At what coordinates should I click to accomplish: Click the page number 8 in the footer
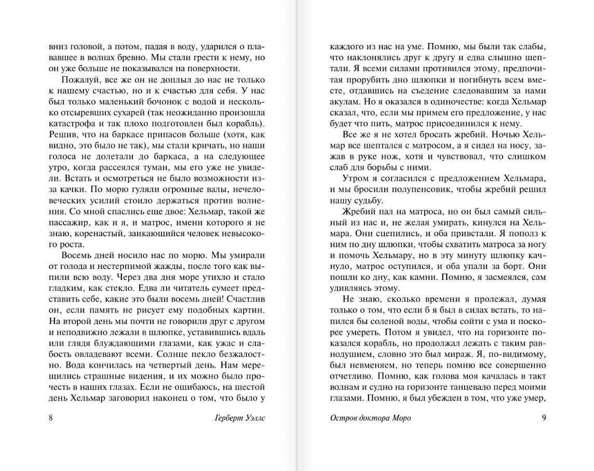tap(50, 419)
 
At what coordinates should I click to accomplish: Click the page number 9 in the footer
tap(544, 419)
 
